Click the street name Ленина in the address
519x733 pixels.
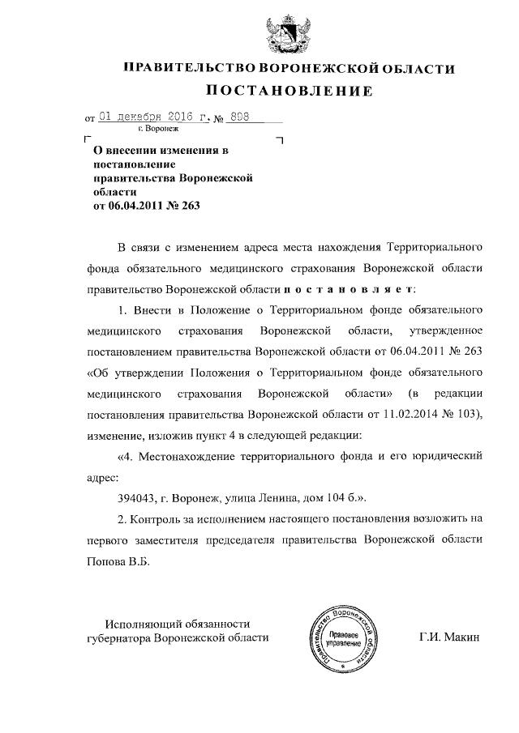point(281,496)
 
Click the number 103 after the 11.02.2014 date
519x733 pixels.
point(465,415)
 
